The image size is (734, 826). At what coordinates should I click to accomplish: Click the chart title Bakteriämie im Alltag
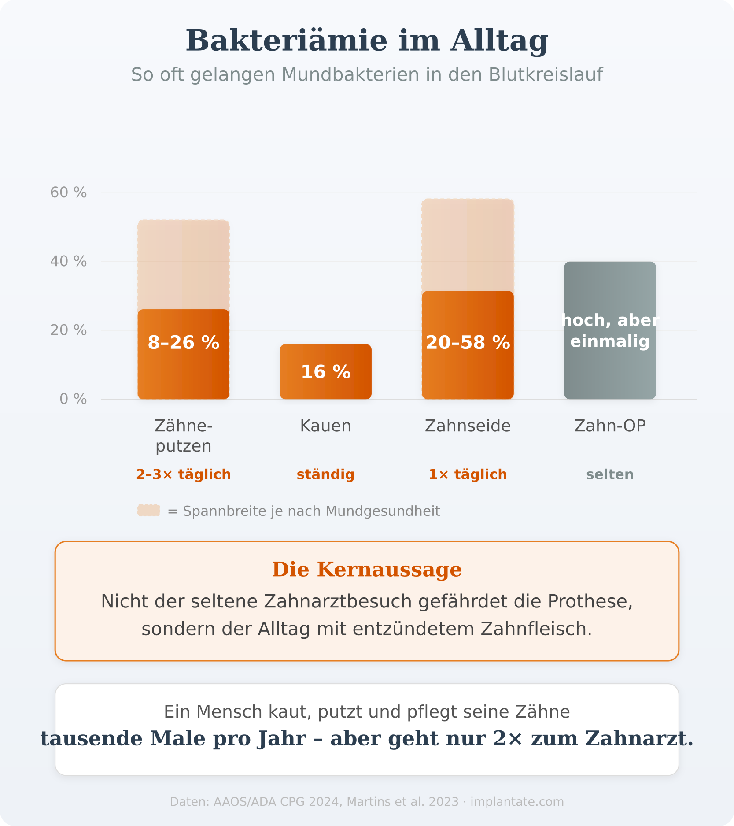tap(367, 41)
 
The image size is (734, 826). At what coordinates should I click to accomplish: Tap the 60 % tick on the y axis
tap(68, 193)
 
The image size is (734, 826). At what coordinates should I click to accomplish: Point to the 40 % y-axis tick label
tap(68, 261)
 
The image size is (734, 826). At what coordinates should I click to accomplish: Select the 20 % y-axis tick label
tap(68, 330)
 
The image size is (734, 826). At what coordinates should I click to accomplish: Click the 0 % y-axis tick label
tap(73, 399)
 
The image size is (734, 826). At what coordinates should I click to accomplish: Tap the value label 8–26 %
tap(183, 343)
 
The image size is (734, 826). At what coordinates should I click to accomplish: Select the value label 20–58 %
tap(468, 343)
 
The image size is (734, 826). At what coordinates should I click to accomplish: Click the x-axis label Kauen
tap(325, 426)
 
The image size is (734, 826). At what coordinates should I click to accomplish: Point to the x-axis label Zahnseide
tap(468, 426)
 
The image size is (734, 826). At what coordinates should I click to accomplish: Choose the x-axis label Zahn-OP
tap(610, 426)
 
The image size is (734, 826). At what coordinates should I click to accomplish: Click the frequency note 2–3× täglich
tap(183, 474)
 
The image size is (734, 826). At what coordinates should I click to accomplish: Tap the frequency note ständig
tap(325, 474)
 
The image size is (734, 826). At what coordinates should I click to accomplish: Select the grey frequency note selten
tap(610, 474)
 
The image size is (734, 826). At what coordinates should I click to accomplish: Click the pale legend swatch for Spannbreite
tap(148, 511)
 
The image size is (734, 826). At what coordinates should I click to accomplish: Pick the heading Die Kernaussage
tap(367, 570)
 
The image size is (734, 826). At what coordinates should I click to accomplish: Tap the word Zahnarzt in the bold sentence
tap(658, 739)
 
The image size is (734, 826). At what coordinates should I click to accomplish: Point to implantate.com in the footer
tap(517, 802)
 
